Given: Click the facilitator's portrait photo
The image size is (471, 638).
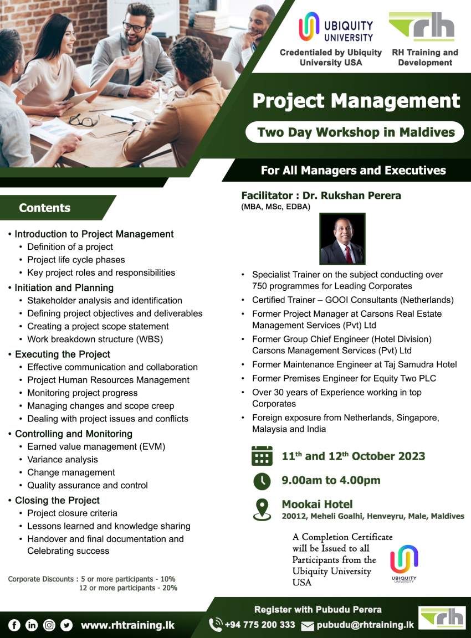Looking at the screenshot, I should pyautogui.click(x=342, y=239).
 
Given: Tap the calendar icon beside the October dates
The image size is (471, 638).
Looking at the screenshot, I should pyautogui.click(x=262, y=455).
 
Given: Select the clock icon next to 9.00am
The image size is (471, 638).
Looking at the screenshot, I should pyautogui.click(x=262, y=481).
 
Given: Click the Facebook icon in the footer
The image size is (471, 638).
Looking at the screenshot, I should pyautogui.click(x=14, y=625).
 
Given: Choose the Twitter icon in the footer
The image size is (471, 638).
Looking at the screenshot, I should pyautogui.click(x=66, y=625).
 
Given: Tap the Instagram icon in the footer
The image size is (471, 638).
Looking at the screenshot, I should pyautogui.click(x=49, y=625).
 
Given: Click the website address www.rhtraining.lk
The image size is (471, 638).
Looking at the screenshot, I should pyautogui.click(x=127, y=625).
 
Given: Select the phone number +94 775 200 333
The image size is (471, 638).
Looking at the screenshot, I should pyautogui.click(x=259, y=625).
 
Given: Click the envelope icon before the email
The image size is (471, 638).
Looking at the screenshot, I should pyautogui.click(x=308, y=626).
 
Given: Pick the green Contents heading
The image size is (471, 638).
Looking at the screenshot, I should pyautogui.click(x=45, y=208).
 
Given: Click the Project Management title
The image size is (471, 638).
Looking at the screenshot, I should pyautogui.click(x=356, y=101).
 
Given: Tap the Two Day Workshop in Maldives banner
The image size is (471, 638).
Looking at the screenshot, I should pyautogui.click(x=356, y=132).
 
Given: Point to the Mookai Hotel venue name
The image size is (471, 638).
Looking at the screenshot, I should pyautogui.click(x=317, y=504).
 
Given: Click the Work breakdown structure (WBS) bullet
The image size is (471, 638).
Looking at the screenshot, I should pyautogui.click(x=95, y=339).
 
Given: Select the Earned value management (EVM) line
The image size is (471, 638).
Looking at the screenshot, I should pyautogui.click(x=96, y=446).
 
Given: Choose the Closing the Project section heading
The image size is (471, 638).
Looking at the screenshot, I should pyautogui.click(x=57, y=500).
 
